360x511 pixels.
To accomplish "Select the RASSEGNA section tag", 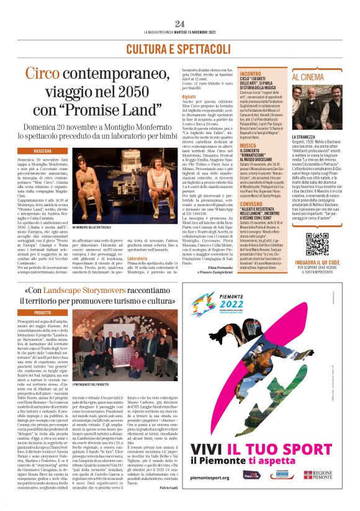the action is pyautogui.click(x=43, y=150).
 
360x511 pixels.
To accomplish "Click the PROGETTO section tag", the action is pyautogui.click(x=43, y=313).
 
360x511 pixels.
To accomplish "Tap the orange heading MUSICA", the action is pyautogui.click(x=230, y=145).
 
